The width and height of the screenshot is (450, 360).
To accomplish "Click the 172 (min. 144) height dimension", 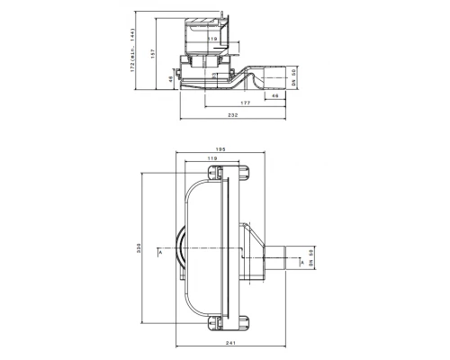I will [x=132, y=49].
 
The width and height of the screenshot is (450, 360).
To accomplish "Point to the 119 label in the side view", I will [x=212, y=39].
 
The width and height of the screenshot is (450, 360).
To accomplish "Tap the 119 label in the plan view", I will [x=212, y=158].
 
